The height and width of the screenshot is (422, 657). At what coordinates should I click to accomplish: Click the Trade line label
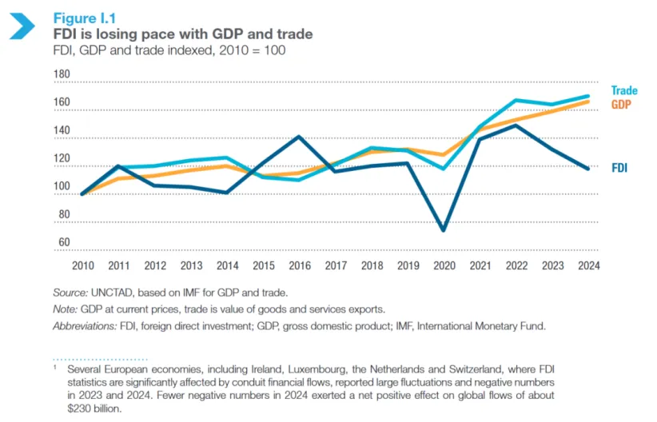pos(624,91)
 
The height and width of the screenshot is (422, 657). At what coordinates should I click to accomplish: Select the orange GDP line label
pos(623,105)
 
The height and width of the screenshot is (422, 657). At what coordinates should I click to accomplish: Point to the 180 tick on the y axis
pos(62,75)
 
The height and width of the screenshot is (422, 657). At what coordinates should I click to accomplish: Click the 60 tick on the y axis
pos(65,242)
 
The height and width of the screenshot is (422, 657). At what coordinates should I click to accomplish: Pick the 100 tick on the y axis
pos(62,187)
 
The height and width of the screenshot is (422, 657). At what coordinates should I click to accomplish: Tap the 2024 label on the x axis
pos(589,265)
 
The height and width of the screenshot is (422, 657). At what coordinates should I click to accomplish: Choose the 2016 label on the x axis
pos(300,265)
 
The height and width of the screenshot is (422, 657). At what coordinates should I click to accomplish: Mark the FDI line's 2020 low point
pos(443,230)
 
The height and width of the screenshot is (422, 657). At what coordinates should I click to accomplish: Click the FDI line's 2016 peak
pos(299,137)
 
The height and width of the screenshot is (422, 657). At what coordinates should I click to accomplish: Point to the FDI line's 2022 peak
pos(517,125)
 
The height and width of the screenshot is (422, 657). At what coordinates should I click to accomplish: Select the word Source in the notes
pos(66,292)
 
